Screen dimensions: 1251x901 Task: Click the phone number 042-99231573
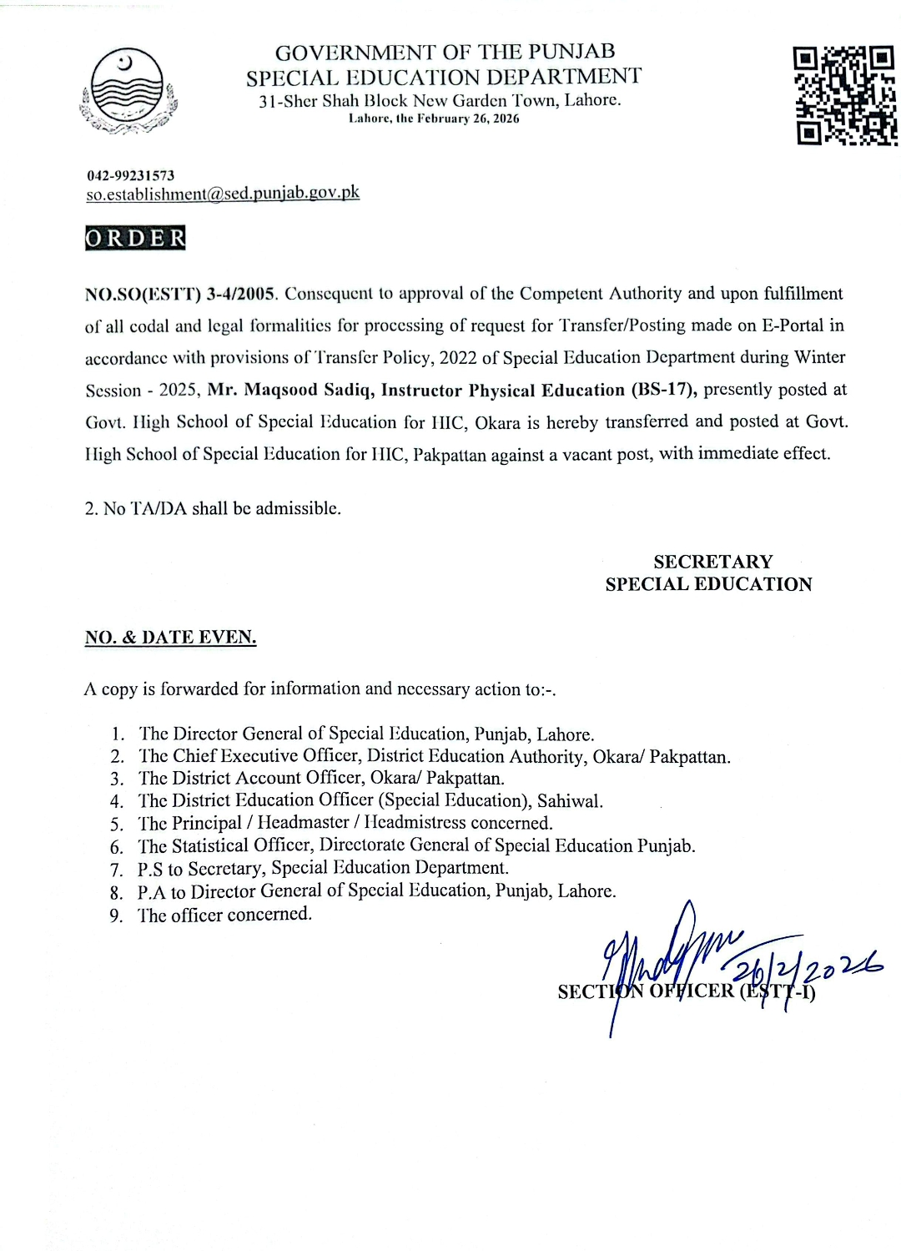(131, 175)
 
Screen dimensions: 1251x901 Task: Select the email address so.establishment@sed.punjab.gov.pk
(223, 193)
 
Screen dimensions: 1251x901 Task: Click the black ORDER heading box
(135, 238)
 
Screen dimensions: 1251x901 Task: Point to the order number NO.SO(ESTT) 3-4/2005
(180, 294)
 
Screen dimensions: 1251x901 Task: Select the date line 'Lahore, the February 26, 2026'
(434, 119)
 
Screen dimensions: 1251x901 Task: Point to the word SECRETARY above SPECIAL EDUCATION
(712, 562)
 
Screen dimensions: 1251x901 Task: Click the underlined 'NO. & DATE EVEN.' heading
(170, 638)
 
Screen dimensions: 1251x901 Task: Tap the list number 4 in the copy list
(117, 802)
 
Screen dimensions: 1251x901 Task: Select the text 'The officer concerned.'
(225, 915)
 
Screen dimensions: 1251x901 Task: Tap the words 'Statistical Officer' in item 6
(242, 846)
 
